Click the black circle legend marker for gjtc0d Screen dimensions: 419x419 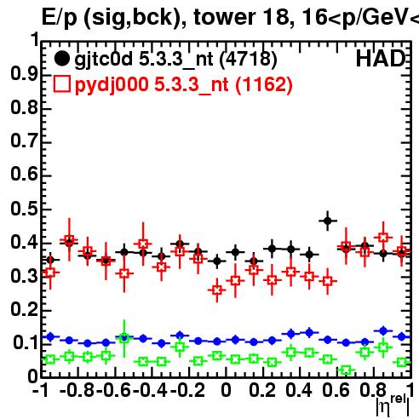[61, 59]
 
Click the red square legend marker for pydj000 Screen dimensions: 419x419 [62, 84]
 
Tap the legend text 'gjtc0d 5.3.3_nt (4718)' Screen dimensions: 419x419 [175, 60]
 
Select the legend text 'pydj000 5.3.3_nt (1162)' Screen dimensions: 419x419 [184, 85]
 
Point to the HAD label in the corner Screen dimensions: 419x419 [381, 59]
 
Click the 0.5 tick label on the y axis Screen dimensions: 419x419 [24, 209]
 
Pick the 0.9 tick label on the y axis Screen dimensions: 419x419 [24, 74]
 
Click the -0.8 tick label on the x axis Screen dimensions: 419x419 [77, 390]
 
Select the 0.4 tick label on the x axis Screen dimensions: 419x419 [299, 390]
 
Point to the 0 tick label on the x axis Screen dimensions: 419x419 [226, 390]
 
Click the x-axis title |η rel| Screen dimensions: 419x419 [393, 405]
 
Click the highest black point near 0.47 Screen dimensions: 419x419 [328, 221]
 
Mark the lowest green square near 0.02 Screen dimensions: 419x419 [346, 370]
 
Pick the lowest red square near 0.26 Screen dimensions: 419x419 [217, 290]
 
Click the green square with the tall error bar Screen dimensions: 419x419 [124, 339]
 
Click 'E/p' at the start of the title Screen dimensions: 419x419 [59, 18]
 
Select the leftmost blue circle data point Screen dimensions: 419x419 [50, 336]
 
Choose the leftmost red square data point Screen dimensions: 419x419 [50, 273]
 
